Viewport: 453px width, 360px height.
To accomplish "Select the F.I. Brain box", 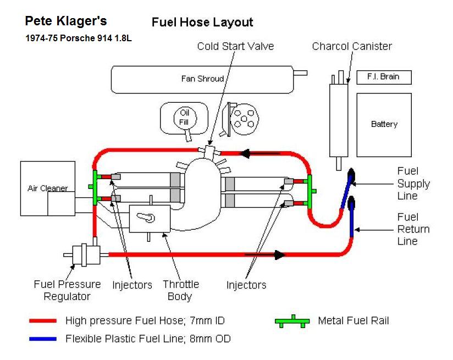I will pos(384,77).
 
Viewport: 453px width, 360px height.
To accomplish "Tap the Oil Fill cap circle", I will pos(184,117).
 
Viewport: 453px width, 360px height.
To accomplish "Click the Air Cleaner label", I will pos(47,188).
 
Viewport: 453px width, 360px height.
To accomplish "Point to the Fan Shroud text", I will pos(202,79).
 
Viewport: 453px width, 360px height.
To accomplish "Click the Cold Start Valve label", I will pos(235,46).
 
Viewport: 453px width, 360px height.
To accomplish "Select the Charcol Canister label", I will pos(352,46).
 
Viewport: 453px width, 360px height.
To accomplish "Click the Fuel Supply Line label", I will pos(413,183).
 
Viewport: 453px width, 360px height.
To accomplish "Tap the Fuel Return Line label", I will pos(413,229).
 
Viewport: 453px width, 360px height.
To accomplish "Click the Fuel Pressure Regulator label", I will pos(67,290).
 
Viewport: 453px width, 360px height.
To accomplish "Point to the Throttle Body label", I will pos(180,290).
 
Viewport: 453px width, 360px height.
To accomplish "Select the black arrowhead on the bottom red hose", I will pos(279,254).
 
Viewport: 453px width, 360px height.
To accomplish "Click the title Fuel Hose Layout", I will pos(202,23).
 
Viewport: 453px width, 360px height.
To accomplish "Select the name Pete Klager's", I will pos(66,21).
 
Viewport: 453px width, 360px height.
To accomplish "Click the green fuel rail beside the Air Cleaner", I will pos(95,187).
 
